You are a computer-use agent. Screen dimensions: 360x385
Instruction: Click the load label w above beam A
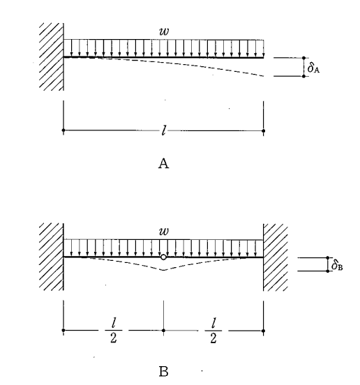[164, 31]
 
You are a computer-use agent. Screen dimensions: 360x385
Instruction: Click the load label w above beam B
[164, 232]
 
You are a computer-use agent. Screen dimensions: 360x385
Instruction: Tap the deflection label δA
[313, 67]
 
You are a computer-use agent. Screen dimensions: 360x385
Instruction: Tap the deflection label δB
[337, 266]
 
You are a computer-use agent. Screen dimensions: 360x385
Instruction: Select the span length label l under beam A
[164, 130]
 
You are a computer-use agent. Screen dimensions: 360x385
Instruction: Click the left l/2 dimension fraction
[113, 330]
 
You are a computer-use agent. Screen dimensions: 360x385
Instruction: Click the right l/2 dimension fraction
[213, 330]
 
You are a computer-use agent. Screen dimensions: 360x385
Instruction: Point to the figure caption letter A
[163, 163]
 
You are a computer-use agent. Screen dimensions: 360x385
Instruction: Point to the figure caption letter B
[163, 372]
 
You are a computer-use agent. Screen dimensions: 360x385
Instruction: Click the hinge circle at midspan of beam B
[163, 257]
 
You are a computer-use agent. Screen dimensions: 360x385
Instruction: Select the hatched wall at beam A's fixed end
[52, 56]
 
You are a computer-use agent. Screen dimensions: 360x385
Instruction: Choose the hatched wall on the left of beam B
[52, 257]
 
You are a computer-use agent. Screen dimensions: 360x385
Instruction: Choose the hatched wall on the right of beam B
[276, 257]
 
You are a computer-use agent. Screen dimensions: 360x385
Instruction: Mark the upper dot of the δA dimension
[303, 58]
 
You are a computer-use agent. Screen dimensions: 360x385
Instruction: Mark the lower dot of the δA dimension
[303, 76]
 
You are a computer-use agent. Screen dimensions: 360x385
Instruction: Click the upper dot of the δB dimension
[328, 257]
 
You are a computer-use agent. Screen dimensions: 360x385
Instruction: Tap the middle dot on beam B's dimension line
[163, 331]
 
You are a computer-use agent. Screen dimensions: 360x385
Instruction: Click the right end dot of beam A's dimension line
[264, 131]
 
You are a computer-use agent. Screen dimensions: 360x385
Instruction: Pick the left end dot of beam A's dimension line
[63, 130]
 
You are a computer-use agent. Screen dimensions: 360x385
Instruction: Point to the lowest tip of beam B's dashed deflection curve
[163, 270]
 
